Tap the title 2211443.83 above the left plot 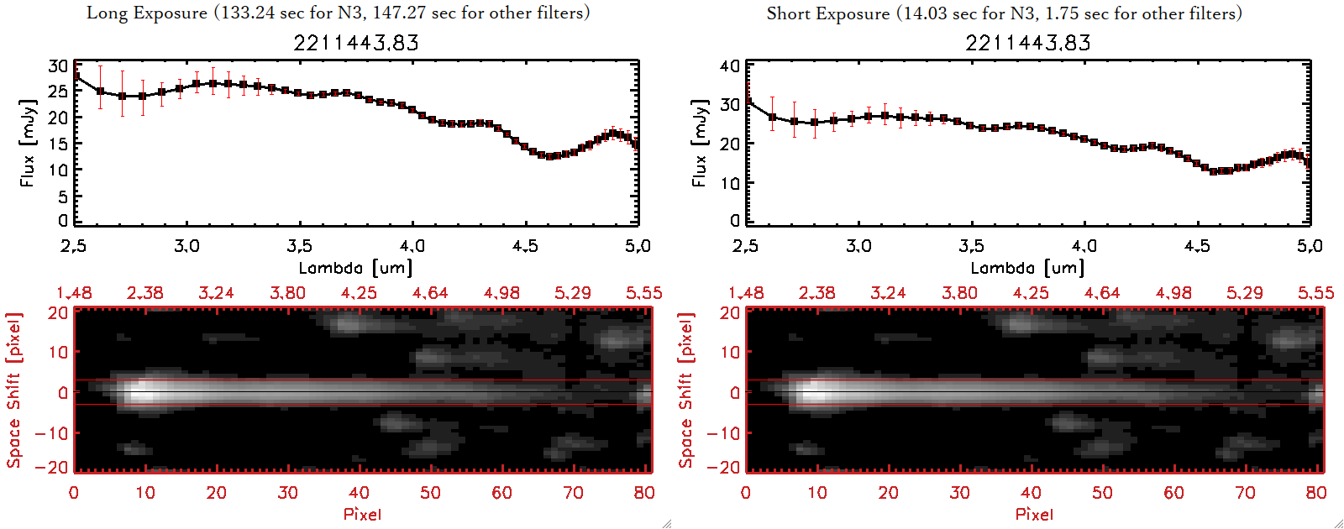(356, 43)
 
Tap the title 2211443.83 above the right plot (1028, 43)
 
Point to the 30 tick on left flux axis (58, 65)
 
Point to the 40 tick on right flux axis (730, 65)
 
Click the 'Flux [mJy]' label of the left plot (28, 143)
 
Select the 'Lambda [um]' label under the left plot (355, 268)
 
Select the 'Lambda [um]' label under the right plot (1027, 268)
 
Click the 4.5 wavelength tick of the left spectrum (525, 246)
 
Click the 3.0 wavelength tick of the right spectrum (858, 246)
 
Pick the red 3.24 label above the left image (216, 293)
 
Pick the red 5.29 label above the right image (1244, 293)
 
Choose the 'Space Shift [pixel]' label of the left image (13, 390)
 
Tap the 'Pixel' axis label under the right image (1034, 514)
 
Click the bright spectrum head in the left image (143, 391)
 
